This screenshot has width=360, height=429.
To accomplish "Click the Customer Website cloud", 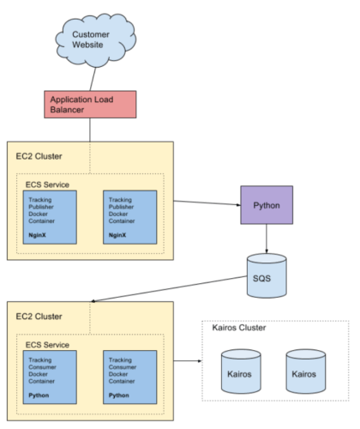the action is pos(95,40).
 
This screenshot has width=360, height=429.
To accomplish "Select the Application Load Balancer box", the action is pos(90,105).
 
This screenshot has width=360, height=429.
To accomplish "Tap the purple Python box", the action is pos(267,205).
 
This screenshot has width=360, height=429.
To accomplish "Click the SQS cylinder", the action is pos(267,275).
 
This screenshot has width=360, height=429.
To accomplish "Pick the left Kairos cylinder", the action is pos(241,372).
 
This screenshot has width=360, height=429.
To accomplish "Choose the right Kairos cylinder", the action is pos(306,372).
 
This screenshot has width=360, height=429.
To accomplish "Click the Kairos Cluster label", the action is pos(239,328).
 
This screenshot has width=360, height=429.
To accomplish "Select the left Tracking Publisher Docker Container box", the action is pos(50,217).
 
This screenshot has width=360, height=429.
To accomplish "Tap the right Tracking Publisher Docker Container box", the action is pos(130,217).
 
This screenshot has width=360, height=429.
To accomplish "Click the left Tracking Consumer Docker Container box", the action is pos(50,378).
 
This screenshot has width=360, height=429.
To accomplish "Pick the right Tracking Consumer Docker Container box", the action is pos(130,378).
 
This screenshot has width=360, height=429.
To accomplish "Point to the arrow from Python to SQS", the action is pos(267,239).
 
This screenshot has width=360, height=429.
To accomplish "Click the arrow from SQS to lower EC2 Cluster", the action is pos(169,288).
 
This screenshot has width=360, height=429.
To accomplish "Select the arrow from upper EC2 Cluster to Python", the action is pos(207,202).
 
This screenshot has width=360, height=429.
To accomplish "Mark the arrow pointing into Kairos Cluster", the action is pos(188,361).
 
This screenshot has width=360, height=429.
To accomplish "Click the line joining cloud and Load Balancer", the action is pos(93,79).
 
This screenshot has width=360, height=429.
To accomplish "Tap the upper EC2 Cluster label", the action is pos(39,156).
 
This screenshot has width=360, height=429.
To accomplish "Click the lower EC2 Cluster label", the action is pos(39,317).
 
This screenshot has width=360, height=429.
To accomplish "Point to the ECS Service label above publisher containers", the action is pos(47,184).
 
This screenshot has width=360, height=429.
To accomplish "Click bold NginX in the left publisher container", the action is pos(37,235).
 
